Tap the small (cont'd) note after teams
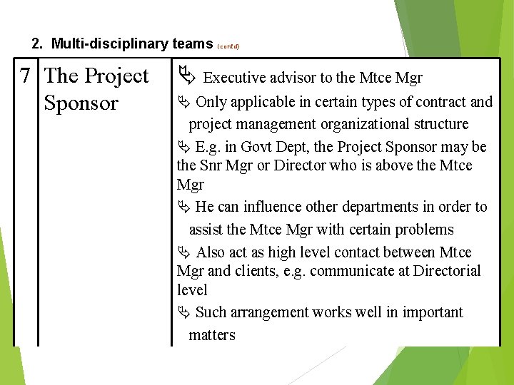(228, 46)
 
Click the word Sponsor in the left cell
(81, 103)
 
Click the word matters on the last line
(212, 334)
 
